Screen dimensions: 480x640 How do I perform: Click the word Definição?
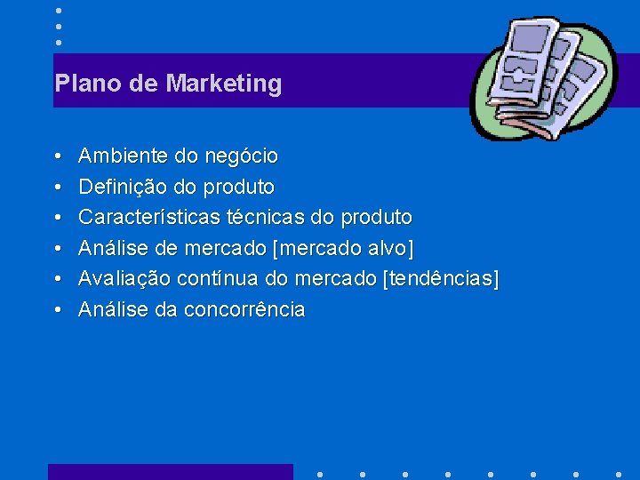(123, 188)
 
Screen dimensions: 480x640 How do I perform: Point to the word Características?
(149, 218)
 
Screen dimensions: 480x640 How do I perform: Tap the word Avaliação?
(124, 279)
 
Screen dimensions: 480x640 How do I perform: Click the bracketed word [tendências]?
(440, 279)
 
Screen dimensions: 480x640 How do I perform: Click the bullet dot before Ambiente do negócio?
(57, 157)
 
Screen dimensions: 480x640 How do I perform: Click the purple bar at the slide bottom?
(170, 472)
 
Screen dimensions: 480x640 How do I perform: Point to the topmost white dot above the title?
(58, 10)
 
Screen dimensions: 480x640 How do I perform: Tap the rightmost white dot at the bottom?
(619, 473)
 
